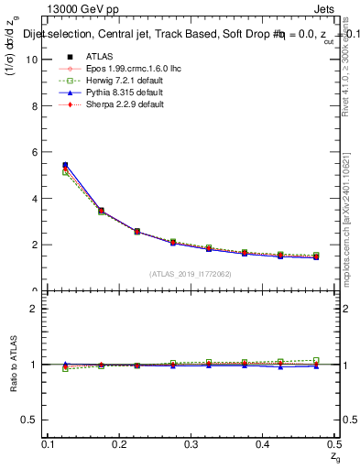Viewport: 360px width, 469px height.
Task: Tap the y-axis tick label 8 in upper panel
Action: pyautogui.click(x=34, y=106)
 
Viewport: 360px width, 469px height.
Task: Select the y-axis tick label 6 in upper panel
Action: pyautogui.click(x=34, y=152)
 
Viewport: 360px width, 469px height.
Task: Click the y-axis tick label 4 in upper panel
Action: pyautogui.click(x=34, y=199)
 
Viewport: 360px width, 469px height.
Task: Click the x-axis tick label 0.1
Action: pyautogui.click(x=49, y=444)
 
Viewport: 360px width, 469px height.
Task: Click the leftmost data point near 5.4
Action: pyautogui.click(x=64, y=166)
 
